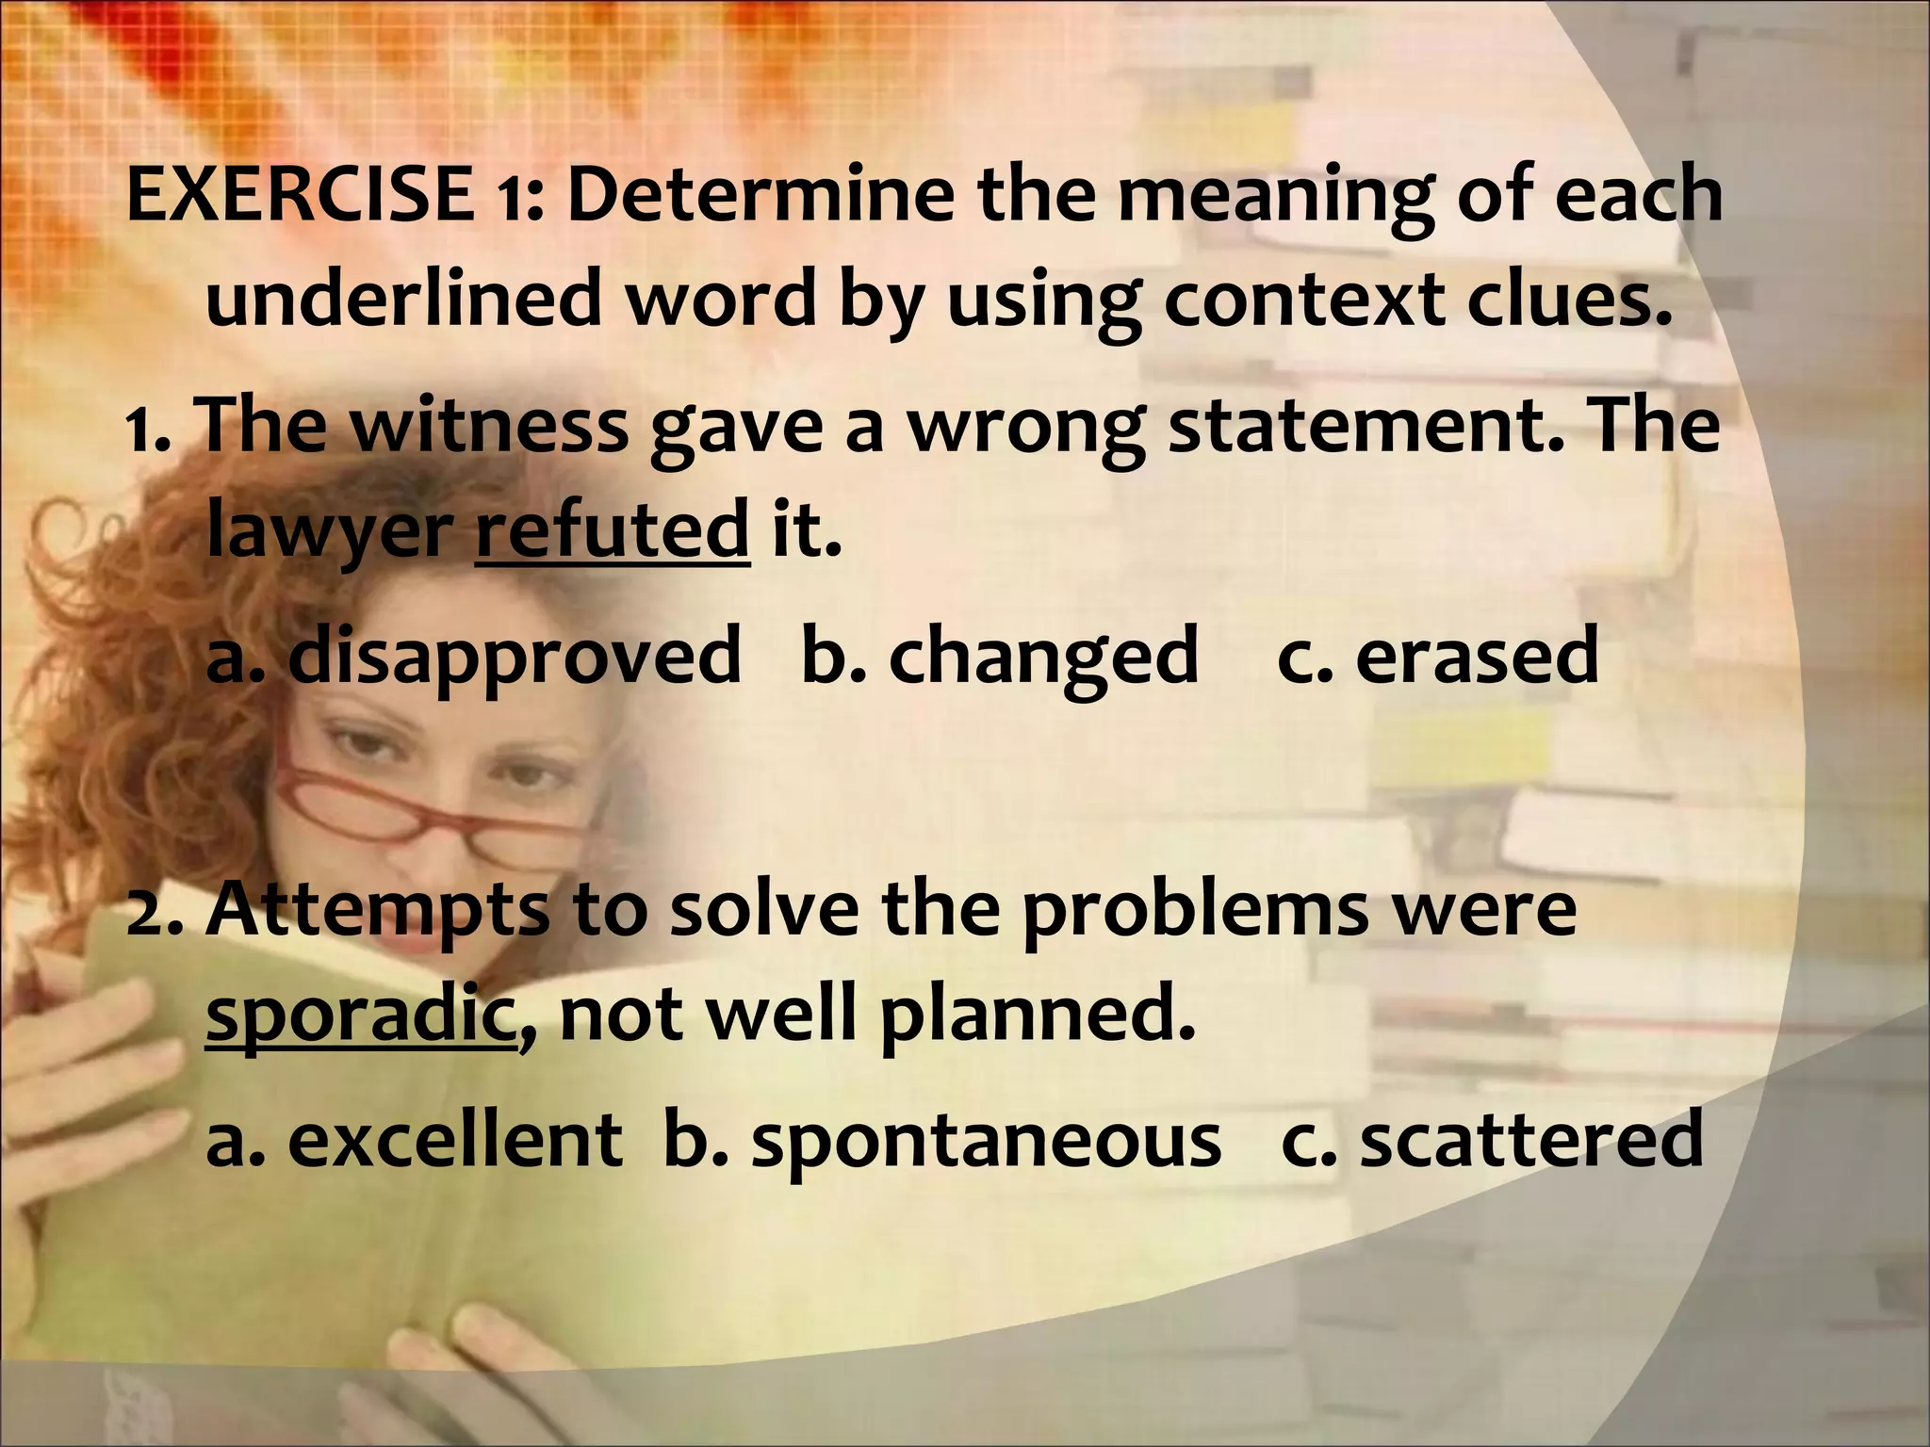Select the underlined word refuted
613,530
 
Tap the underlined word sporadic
361,1016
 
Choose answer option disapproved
514,656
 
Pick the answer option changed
1043,656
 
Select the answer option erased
1477,656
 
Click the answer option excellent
454,1140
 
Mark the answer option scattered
1531,1140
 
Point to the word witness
489,425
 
